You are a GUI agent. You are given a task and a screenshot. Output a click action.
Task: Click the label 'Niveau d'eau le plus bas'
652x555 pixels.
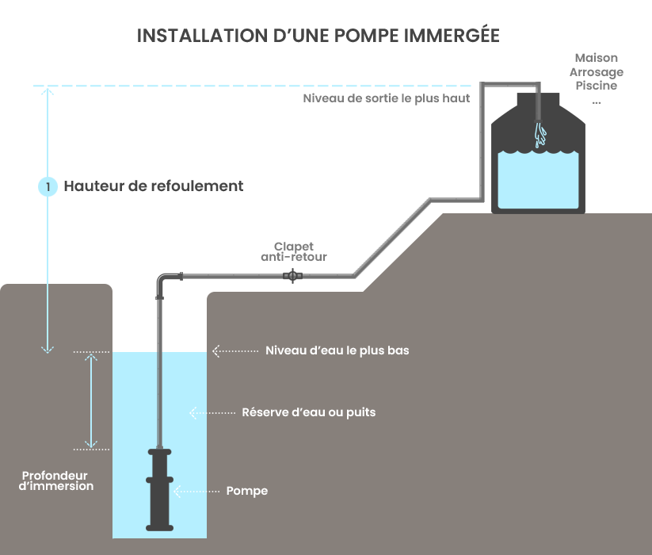(x=337, y=350)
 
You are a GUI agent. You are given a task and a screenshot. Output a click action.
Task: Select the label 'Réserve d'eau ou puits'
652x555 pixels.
(x=308, y=412)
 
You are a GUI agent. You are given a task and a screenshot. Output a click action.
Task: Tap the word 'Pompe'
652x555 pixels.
(x=247, y=491)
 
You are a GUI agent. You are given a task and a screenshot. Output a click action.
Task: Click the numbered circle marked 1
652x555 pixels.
(x=48, y=186)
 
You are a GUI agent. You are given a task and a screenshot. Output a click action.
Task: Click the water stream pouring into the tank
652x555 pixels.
(x=540, y=134)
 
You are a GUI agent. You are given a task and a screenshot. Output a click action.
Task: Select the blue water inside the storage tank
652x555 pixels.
(x=538, y=181)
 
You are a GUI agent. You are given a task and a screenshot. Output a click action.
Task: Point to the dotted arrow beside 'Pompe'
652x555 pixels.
(x=196, y=491)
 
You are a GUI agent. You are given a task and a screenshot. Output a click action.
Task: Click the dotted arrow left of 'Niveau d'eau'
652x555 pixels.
(x=235, y=350)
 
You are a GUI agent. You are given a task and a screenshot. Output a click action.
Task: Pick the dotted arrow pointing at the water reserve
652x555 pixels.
(x=212, y=412)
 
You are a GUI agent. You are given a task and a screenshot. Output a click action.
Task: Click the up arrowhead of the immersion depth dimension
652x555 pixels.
(x=92, y=358)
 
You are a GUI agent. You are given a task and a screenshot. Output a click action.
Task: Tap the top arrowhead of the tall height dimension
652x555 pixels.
(x=48, y=92)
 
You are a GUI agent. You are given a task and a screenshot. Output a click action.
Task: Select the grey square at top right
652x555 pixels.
(x=596, y=78)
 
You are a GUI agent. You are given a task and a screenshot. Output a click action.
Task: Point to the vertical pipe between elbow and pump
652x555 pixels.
(x=162, y=373)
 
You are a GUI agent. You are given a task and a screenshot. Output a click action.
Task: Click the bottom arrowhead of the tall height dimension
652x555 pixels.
(x=48, y=346)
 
